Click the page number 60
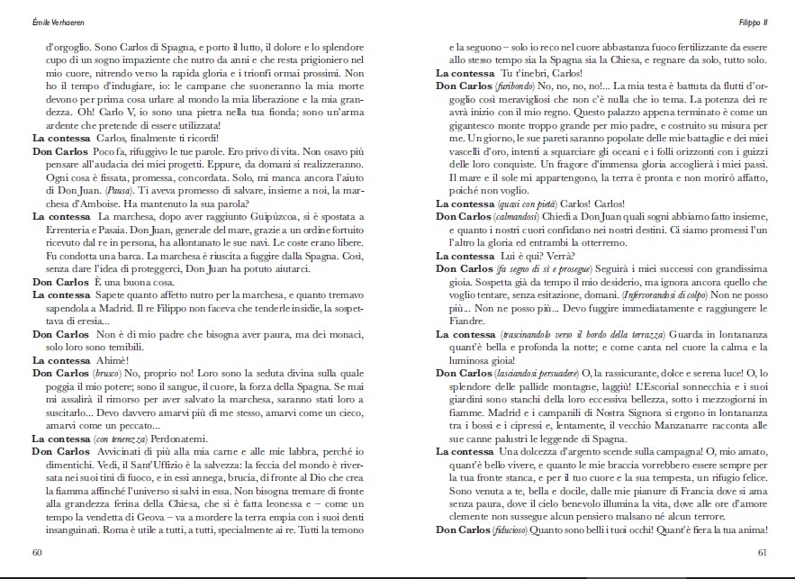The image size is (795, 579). tap(37, 552)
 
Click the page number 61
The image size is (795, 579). tap(761, 552)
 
